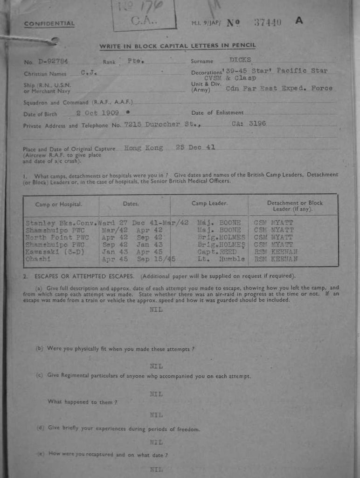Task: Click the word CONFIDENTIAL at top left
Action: coord(49,24)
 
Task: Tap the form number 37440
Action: coord(268,22)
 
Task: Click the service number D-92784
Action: coord(54,61)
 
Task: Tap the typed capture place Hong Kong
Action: coord(144,148)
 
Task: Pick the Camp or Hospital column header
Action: coord(59,204)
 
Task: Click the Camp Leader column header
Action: coord(209,204)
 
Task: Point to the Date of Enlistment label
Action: coord(217,113)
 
